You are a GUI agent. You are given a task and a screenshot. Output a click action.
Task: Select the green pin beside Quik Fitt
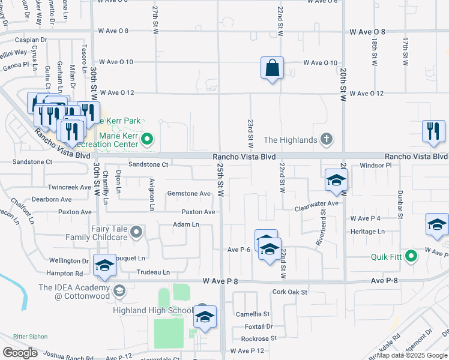tap(411, 257)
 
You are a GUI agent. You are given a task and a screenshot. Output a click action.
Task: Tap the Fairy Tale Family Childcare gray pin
tap(137, 232)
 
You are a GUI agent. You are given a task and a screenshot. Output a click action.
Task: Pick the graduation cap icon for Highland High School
tap(205, 317)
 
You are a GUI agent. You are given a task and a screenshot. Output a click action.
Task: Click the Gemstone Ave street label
tap(188, 194)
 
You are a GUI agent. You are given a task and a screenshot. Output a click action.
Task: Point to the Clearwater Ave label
tap(316, 204)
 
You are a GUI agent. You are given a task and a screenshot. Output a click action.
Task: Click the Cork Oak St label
tap(289, 292)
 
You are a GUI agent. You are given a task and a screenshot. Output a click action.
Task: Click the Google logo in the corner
tap(20, 353)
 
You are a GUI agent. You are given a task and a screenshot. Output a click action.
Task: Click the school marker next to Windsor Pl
tap(336, 181)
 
